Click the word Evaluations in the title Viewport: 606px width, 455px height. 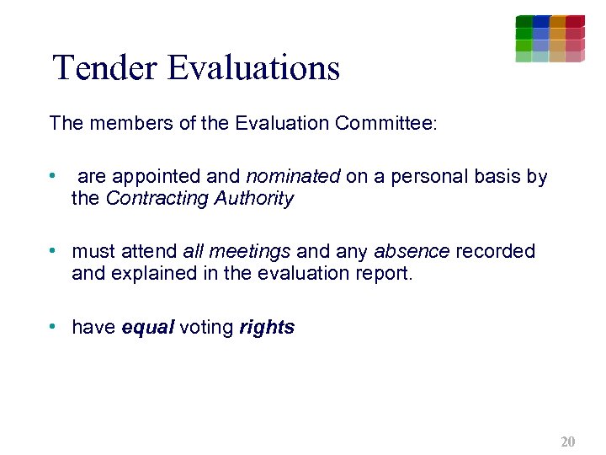click(253, 67)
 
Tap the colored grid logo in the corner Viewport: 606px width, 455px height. click(550, 39)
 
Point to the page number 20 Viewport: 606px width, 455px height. click(567, 442)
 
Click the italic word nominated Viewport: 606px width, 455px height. click(293, 177)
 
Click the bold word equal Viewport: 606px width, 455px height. click(147, 328)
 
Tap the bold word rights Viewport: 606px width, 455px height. click(267, 328)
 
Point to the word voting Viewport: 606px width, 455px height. click(206, 328)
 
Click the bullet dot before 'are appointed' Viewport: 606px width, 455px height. click(53, 176)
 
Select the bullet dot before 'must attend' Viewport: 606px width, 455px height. click(53, 251)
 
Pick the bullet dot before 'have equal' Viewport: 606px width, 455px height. click(53, 327)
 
